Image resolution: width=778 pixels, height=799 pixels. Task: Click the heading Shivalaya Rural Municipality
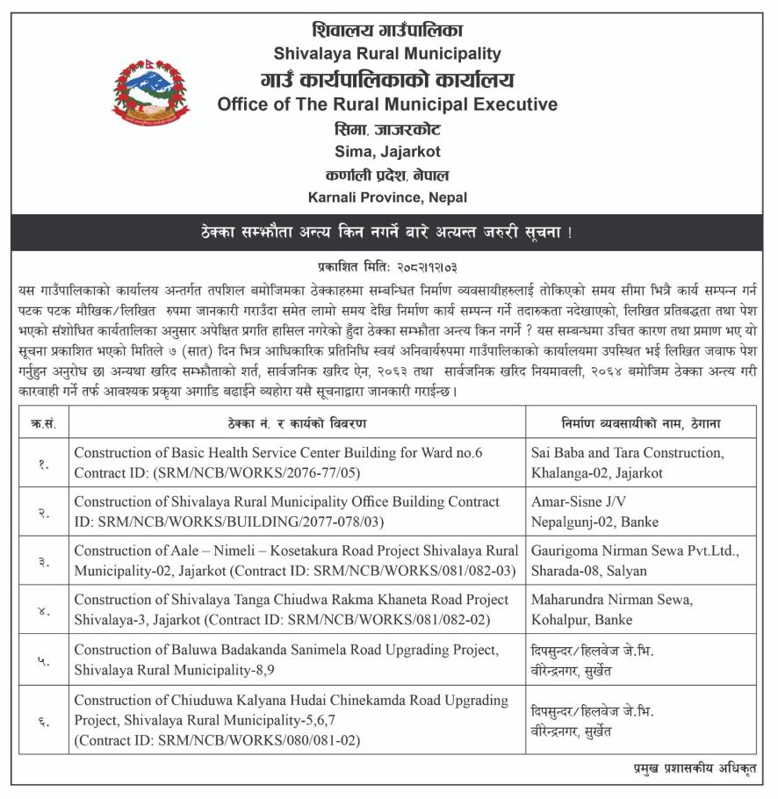(387, 54)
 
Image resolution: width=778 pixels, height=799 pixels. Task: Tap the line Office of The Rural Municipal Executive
(387, 104)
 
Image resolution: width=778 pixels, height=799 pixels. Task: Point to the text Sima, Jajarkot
(387, 151)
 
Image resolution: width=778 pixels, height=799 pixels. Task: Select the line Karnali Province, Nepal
(387, 198)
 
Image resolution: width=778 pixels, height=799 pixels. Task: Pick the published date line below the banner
(387, 265)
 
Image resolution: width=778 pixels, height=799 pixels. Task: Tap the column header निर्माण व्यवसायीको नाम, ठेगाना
(640, 423)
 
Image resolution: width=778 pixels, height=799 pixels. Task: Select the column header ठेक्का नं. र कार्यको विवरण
(297, 423)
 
